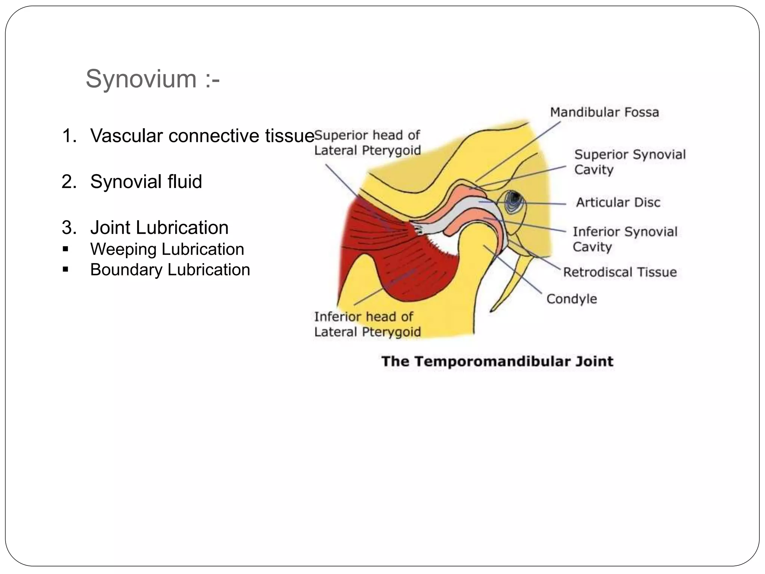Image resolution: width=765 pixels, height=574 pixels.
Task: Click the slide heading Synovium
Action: tap(152, 79)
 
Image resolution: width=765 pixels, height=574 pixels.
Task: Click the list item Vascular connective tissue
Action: tap(202, 136)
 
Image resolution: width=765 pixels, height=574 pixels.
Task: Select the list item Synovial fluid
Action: tap(146, 182)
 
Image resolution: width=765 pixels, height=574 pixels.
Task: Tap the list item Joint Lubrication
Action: tap(159, 228)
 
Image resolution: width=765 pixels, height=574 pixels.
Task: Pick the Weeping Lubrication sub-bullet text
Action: tap(167, 249)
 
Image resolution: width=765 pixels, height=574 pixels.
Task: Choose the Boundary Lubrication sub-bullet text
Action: tap(170, 270)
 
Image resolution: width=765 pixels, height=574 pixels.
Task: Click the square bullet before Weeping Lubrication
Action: tap(66, 249)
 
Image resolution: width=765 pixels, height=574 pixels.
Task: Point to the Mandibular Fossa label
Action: tap(604, 112)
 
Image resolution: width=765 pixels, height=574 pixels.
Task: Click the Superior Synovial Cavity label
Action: tap(630, 162)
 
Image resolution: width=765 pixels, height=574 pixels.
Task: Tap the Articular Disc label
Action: tap(618, 203)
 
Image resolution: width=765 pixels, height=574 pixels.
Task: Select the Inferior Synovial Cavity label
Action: tap(625, 239)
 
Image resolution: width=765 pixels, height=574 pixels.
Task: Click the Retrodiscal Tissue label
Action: tap(620, 272)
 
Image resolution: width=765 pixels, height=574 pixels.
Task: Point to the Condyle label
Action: tap(572, 299)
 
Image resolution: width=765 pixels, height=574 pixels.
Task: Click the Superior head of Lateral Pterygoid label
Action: tap(367, 143)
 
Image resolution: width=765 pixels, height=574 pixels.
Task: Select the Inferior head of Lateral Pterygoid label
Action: tap(367, 324)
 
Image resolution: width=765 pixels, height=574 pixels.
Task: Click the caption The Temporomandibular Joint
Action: tap(497, 361)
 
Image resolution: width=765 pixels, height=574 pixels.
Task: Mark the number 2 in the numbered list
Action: tap(69, 182)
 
